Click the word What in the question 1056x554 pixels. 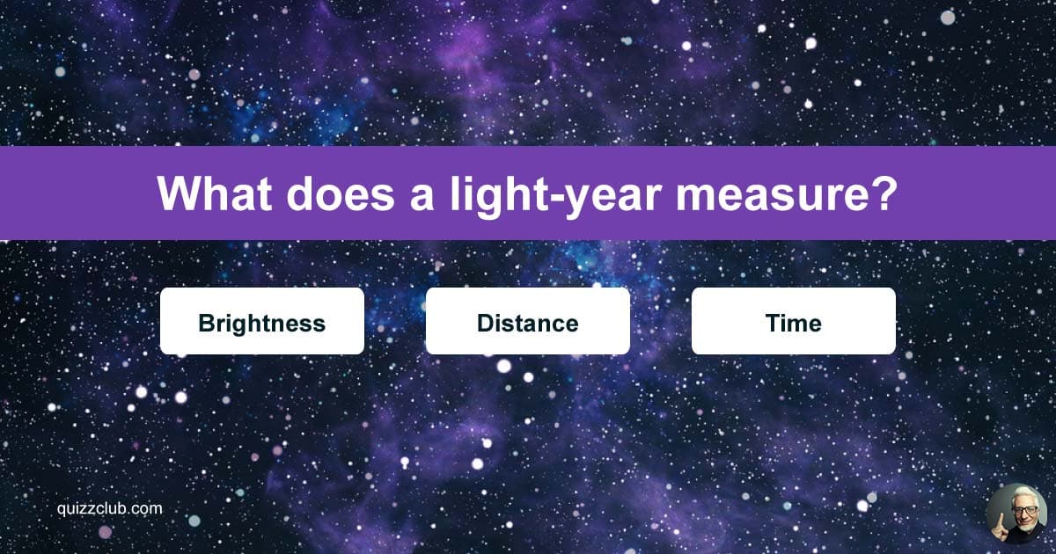tap(216, 193)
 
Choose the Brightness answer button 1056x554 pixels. tap(262, 321)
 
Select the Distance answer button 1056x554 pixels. tap(527, 321)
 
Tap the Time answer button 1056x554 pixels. tap(793, 321)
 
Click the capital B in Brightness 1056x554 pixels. tap(206, 323)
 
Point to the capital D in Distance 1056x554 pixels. tap(485, 323)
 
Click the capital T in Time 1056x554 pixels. tap(772, 323)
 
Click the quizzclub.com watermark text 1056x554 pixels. tap(106, 508)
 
